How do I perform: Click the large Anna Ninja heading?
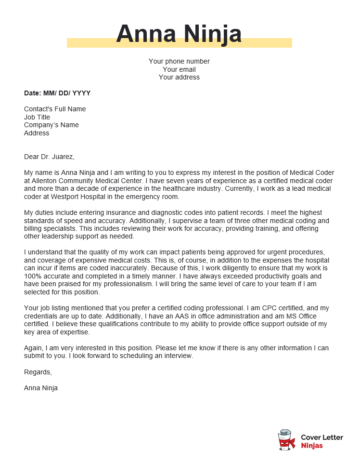coord(180,35)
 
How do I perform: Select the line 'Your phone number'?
coord(180,60)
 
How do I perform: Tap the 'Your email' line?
coord(180,68)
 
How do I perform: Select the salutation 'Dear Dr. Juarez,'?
coord(57,156)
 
